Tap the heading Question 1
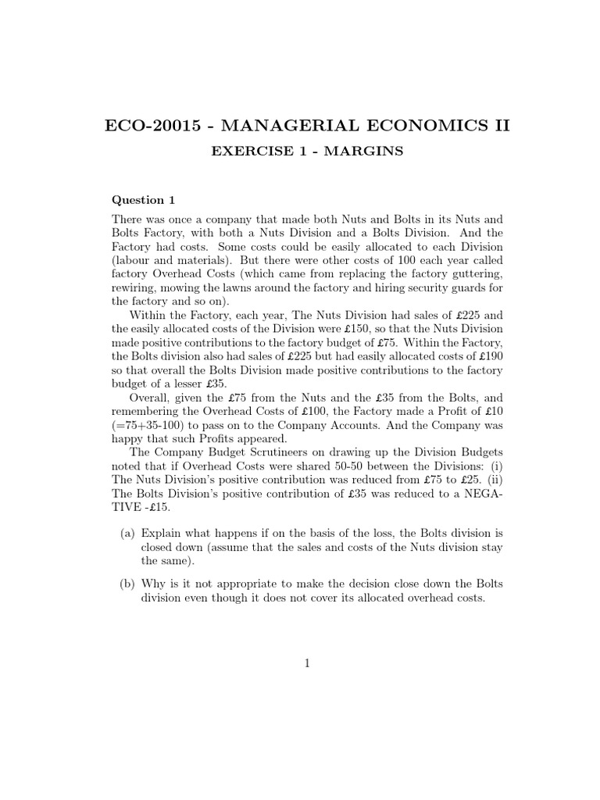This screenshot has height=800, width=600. point(138,200)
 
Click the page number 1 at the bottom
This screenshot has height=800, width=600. point(308,664)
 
